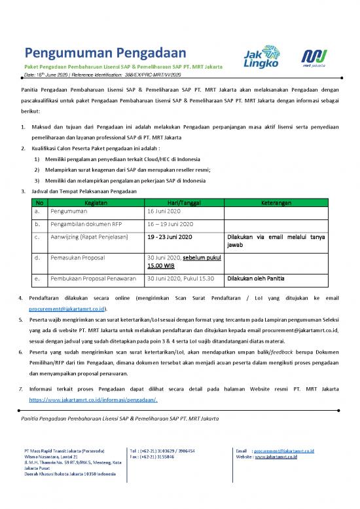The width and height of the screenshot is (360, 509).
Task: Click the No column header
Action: point(39,203)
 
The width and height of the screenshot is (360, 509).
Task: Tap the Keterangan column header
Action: point(281,203)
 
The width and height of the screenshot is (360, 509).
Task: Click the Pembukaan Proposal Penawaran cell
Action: point(92,278)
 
